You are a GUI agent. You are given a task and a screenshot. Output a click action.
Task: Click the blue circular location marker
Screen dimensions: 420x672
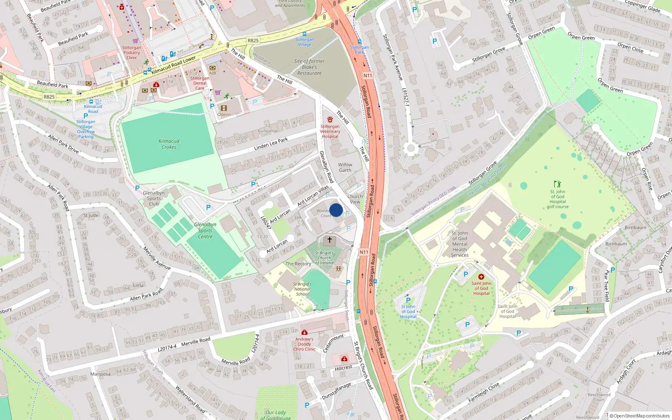pyautogui.click(x=336, y=210)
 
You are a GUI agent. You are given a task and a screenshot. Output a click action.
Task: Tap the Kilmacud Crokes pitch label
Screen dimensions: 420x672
pyautogui.click(x=169, y=144)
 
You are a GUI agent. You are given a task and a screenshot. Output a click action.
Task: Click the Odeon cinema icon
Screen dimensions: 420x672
pyautogui.click(x=223, y=108)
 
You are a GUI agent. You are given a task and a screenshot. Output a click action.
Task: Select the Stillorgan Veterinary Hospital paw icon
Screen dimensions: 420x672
pyautogui.click(x=330, y=120)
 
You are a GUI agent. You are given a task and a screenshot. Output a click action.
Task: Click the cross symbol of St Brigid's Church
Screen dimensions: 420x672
pyautogui.click(x=330, y=240)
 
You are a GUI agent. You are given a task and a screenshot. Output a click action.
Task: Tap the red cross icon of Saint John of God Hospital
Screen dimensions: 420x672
pyautogui.click(x=481, y=277)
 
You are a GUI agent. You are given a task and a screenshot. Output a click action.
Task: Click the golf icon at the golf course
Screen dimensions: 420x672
pyautogui.click(x=557, y=184)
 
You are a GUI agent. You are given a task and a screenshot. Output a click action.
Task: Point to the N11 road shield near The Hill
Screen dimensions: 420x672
pyautogui.click(x=367, y=76)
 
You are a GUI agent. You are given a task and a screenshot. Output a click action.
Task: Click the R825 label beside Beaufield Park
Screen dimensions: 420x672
pyautogui.click(x=49, y=97)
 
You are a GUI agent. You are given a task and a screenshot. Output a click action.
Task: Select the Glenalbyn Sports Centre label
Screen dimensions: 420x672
pyautogui.click(x=205, y=231)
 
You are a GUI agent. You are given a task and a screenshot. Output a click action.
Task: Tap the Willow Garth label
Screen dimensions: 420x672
pyautogui.click(x=345, y=168)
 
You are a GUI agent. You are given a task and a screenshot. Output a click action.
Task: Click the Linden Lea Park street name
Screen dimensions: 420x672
pyautogui.click(x=271, y=144)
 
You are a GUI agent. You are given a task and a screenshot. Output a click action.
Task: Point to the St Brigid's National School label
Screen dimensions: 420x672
pyautogui.click(x=302, y=289)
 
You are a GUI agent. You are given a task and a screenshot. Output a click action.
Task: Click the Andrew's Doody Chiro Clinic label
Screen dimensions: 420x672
pyautogui.click(x=304, y=344)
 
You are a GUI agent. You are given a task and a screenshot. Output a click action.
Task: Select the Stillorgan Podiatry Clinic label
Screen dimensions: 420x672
pyautogui.click(x=132, y=52)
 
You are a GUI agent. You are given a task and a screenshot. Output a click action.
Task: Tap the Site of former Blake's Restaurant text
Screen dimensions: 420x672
pyautogui.click(x=310, y=67)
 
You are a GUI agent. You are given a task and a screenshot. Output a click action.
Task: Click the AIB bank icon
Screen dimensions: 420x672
pyautogui.click(x=213, y=68)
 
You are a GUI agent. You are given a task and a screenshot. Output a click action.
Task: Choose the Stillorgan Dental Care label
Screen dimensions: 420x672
pyautogui.click(x=200, y=83)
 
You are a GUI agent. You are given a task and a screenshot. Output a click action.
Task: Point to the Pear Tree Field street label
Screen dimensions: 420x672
pyautogui.click(x=606, y=286)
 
